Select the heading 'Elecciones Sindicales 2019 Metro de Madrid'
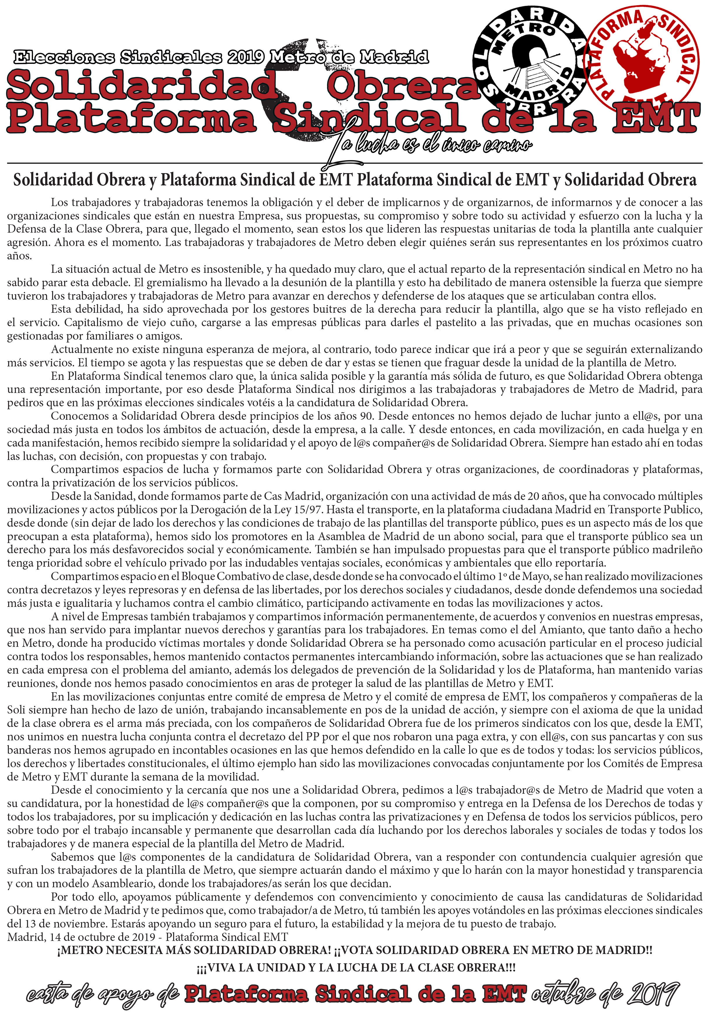point(221,57)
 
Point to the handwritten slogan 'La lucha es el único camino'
point(431,145)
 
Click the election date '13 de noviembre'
point(57,924)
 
